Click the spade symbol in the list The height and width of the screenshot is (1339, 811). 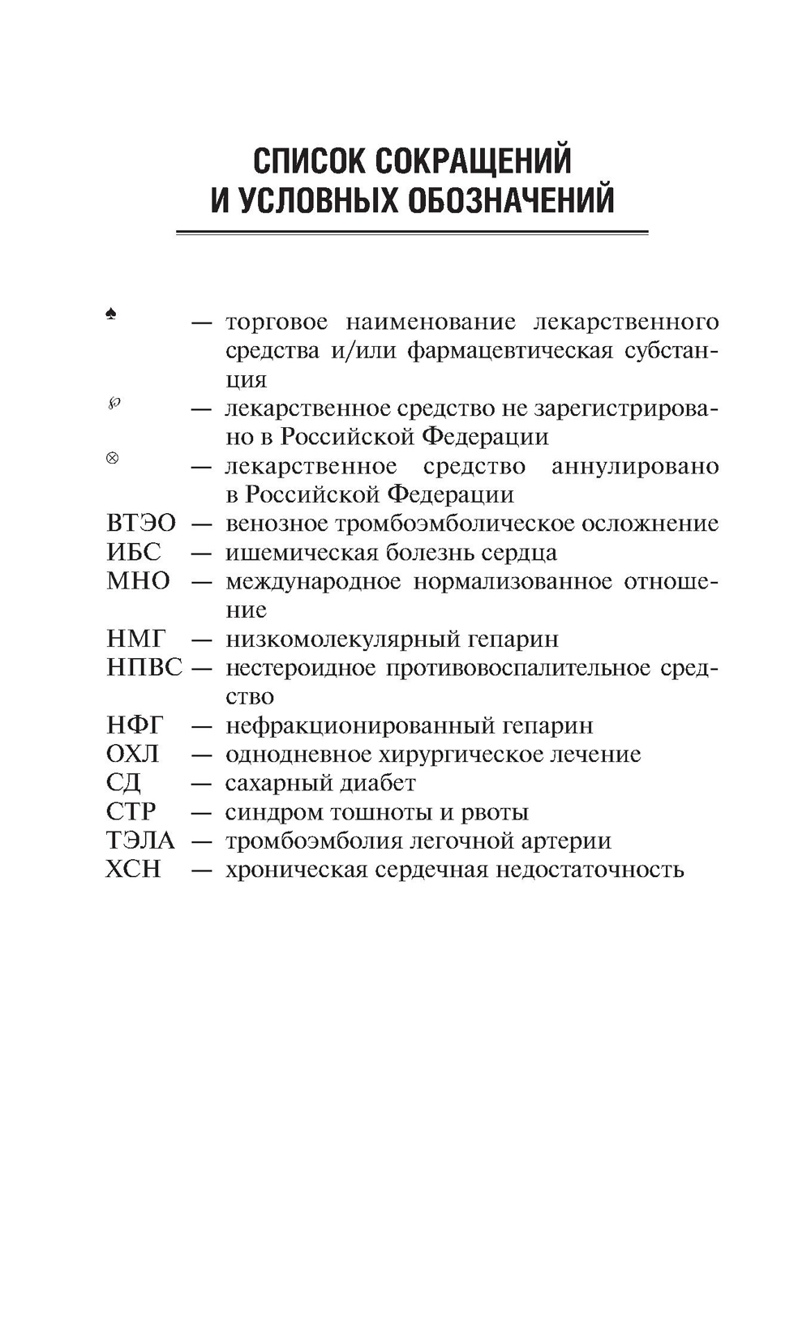pyautogui.click(x=111, y=314)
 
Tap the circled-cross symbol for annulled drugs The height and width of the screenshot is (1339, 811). pyautogui.click(x=112, y=458)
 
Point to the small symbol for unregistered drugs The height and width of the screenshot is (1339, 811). pyautogui.click(x=113, y=404)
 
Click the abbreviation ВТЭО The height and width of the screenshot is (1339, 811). pyautogui.click(x=140, y=524)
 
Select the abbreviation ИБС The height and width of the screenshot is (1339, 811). pyautogui.click(x=134, y=553)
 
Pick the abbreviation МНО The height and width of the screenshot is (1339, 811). pyautogui.click(x=138, y=581)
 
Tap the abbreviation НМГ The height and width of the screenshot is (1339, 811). pyautogui.click(x=135, y=639)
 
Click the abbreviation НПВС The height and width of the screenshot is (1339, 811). pyautogui.click(x=144, y=668)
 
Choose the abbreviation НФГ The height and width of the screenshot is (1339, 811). pyautogui.click(x=135, y=725)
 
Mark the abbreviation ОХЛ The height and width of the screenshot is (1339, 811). pyautogui.click(x=133, y=754)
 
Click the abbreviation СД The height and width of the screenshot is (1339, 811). pyautogui.click(x=123, y=783)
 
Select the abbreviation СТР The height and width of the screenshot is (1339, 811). pyautogui.click(x=131, y=811)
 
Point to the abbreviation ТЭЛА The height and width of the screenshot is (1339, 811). pyautogui.click(x=140, y=841)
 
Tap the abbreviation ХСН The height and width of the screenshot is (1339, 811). pyautogui.click(x=134, y=869)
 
